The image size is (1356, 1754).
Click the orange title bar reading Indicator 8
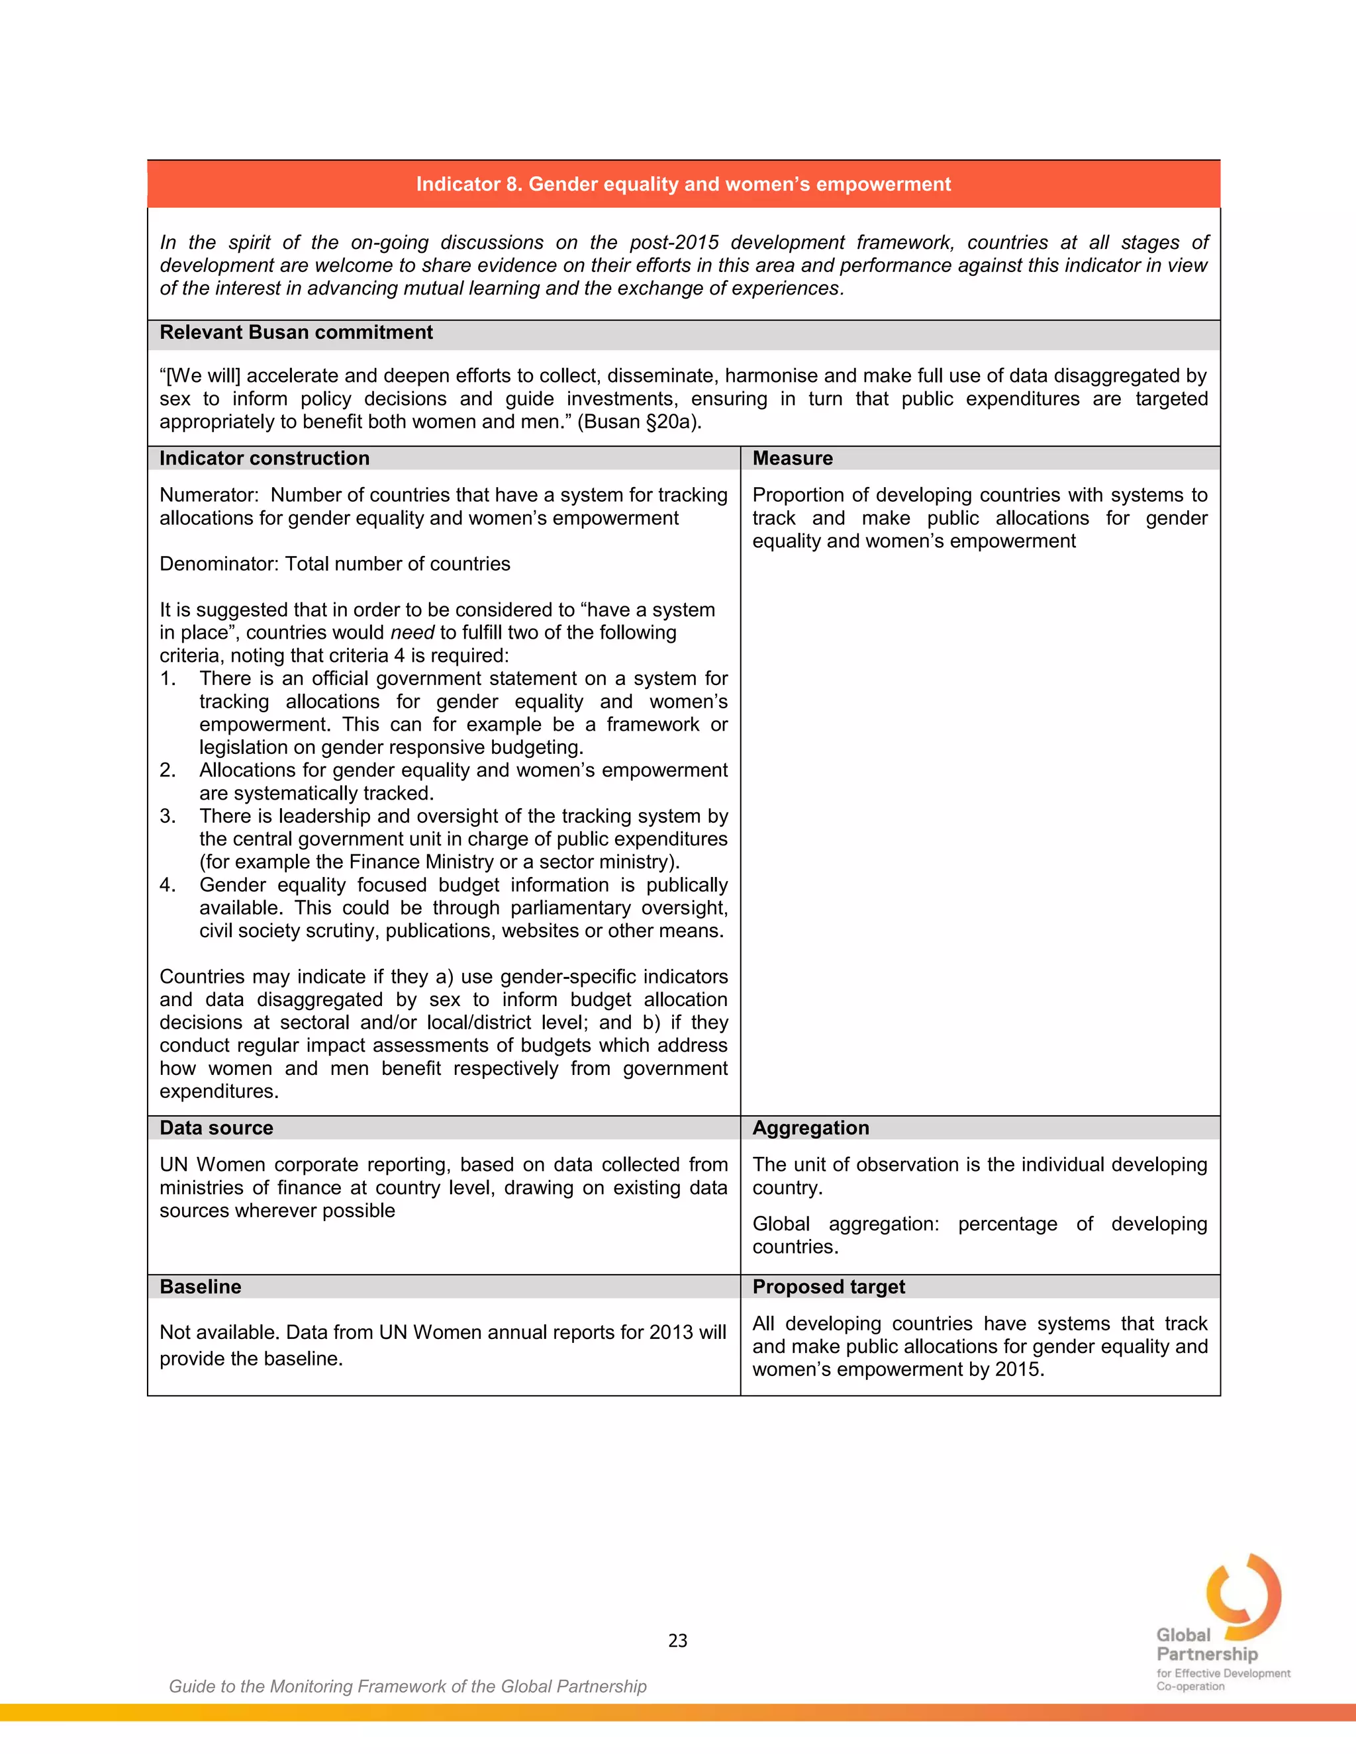[683, 184]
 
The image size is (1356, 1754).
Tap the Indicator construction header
[264, 459]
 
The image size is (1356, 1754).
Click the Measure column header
[792, 459]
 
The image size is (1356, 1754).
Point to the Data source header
[216, 1129]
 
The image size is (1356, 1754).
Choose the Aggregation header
[810, 1129]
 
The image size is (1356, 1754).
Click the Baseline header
[200, 1287]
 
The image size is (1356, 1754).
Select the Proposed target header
[828, 1287]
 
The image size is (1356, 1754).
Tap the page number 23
[677, 1641]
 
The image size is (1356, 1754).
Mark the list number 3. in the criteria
[167, 817]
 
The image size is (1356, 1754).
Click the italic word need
[412, 633]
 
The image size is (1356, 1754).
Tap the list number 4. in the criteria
[167, 885]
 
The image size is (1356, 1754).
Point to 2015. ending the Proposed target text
[1020, 1370]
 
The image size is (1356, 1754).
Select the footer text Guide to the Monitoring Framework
[407, 1686]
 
